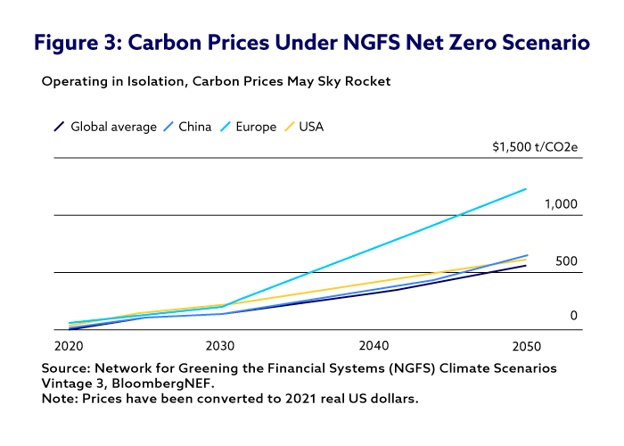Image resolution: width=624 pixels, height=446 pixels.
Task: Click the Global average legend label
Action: tap(113, 127)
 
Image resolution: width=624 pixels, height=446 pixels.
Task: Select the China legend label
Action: tap(194, 127)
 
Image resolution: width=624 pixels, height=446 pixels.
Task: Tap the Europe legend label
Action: tap(256, 127)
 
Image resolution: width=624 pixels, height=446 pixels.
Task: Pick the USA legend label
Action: tap(311, 127)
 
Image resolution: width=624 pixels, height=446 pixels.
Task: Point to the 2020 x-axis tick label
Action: tap(69, 345)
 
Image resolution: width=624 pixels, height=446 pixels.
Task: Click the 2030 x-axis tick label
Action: tap(220, 345)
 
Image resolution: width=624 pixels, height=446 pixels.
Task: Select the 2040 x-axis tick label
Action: tap(374, 345)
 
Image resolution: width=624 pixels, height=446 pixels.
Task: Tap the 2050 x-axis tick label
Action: tap(526, 345)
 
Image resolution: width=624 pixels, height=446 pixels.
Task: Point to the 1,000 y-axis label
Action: tap(561, 204)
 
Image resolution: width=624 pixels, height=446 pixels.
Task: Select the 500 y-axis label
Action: tap(567, 261)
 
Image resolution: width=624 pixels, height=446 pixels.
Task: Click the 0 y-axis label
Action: tap(574, 316)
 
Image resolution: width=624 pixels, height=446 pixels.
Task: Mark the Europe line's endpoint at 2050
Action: tap(526, 189)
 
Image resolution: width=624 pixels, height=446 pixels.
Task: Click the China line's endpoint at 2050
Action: tap(527, 255)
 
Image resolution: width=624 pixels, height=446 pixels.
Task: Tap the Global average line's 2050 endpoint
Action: tap(526, 266)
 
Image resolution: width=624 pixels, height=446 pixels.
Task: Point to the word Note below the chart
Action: tap(58, 398)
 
